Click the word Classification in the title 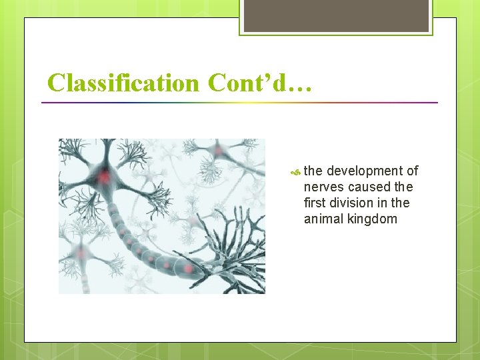point(123,83)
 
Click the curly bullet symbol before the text point(296,172)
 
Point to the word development point(364,171)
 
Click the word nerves point(323,187)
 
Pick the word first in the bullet point(315,203)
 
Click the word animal point(323,219)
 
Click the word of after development point(412,171)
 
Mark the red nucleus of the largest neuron point(103,177)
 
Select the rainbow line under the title point(240,103)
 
